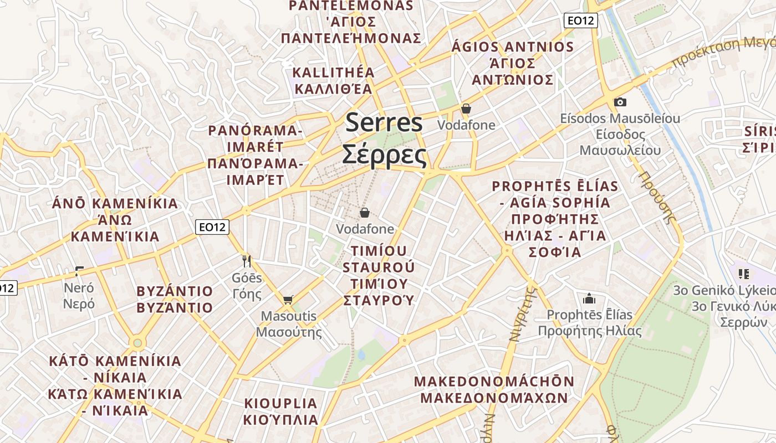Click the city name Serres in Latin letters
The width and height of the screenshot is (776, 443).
[x=384, y=123]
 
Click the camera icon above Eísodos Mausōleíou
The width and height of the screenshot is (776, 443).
[x=620, y=102]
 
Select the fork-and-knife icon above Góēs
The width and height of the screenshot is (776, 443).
[x=247, y=260]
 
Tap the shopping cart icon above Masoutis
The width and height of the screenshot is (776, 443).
[x=288, y=300]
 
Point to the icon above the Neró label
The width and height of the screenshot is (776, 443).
[x=79, y=271]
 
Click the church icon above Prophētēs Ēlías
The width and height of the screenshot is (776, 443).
[x=589, y=299]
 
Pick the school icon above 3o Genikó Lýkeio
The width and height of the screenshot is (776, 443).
[x=743, y=274]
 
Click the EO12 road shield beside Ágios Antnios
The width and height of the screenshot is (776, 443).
[x=580, y=21]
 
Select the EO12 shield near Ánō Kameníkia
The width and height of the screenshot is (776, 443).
[x=213, y=226]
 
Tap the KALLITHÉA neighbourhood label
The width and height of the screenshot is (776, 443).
[x=334, y=73]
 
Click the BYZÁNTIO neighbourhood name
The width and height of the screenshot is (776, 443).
[x=175, y=291]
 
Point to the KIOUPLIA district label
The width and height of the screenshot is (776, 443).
[x=280, y=403]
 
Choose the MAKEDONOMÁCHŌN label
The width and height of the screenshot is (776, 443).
[x=494, y=382]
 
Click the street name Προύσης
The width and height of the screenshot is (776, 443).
[x=658, y=197]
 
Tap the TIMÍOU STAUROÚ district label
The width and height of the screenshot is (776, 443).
[x=379, y=259]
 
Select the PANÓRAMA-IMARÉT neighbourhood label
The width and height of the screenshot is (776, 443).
[x=255, y=139]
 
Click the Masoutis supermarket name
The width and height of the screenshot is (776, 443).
[x=289, y=317]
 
